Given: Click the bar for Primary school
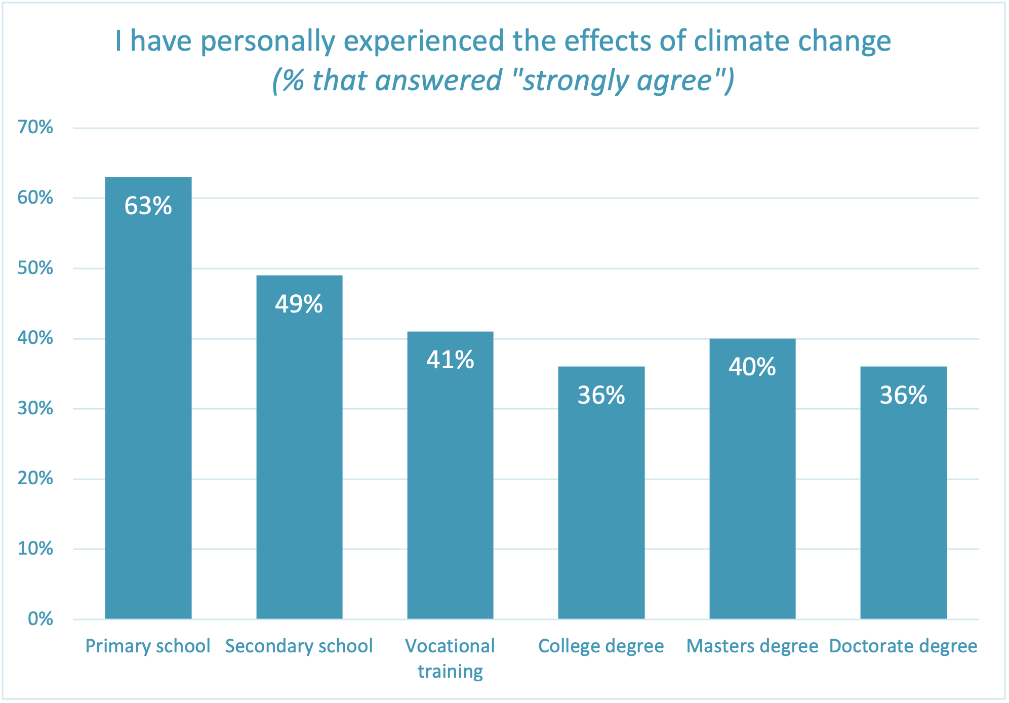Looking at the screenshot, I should pos(148,405).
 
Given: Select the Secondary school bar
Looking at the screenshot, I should pos(299,456).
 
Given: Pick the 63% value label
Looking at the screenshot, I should pos(148,206).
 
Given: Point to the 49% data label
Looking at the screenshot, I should pos(299,304).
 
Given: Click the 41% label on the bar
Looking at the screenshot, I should pos(450,360).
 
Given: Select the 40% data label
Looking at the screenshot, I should pos(752,367).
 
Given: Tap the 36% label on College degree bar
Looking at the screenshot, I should pos(601,396).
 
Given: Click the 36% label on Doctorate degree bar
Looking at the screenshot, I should pos(903,396).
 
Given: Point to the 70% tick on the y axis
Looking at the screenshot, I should pos(35,127).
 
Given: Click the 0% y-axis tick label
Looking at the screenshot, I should pos(40,618).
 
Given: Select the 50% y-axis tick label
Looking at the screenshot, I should pos(35,268).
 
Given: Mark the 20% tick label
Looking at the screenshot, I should pos(35,478).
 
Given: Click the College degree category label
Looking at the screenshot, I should pos(601,646).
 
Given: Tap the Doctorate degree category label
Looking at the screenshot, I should pos(903,646).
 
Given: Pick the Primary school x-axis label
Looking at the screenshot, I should pos(147,646).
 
